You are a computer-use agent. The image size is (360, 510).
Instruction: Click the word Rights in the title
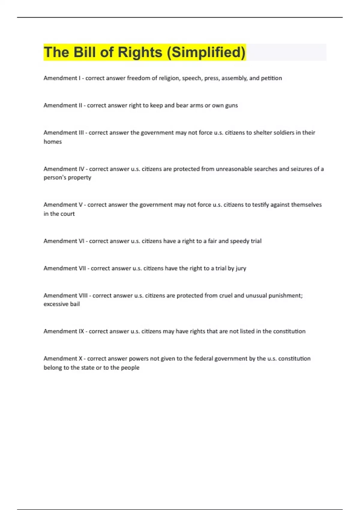[140, 52]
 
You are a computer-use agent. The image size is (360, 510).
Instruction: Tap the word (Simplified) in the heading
[206, 52]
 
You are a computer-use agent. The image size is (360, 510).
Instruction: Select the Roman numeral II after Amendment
[80, 105]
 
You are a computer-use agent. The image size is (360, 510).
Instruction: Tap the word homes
[53, 142]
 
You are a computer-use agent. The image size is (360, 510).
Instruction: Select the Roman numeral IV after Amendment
[81, 169]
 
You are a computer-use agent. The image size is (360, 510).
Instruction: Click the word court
[68, 214]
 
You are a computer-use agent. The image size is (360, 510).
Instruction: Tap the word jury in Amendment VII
[241, 268]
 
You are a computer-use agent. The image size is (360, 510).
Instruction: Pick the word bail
[75, 304]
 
